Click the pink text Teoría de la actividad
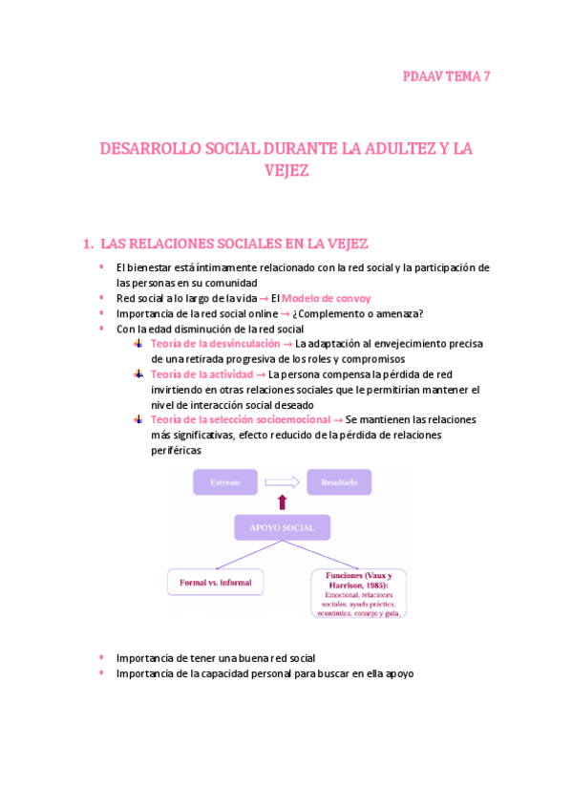[202, 374]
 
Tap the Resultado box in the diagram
[338, 482]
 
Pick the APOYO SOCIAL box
[282, 527]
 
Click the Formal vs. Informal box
[216, 581]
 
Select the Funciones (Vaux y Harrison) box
[358, 593]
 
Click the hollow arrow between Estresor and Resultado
[281, 482]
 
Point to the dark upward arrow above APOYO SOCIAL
[282, 502]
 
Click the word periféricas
[176, 450]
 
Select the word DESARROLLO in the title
[148, 149]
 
